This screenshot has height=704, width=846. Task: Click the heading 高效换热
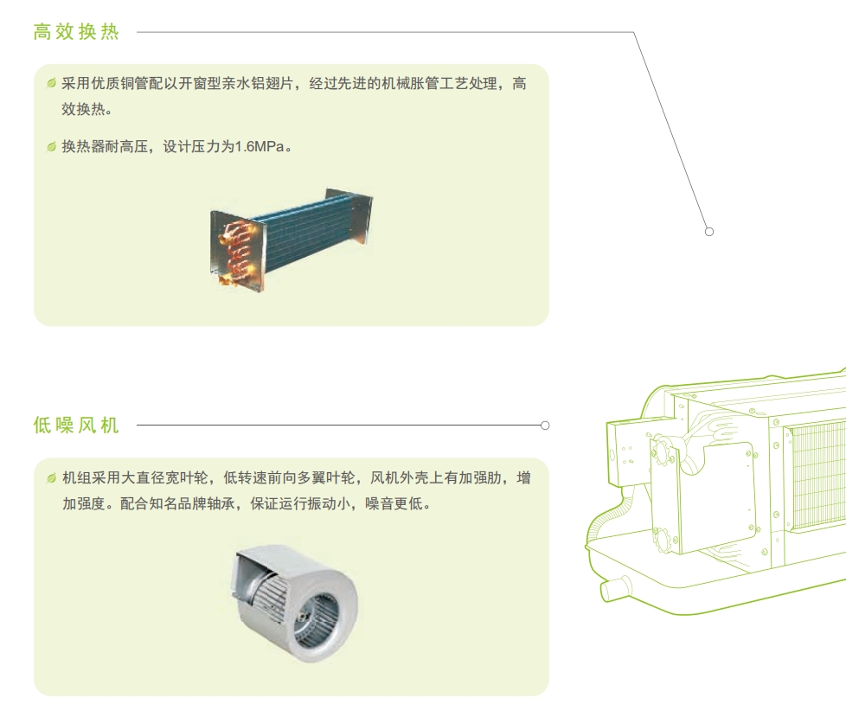76,32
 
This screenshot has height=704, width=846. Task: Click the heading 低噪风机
76,426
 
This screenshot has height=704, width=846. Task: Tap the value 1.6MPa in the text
260,146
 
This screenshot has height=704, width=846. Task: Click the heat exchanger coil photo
292,240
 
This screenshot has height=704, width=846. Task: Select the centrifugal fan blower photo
295,603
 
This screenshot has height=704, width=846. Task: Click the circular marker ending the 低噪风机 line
545,426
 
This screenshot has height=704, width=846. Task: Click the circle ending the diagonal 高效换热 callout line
709,232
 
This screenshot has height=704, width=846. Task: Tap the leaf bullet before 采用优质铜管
51,83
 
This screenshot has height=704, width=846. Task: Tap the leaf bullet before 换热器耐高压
51,146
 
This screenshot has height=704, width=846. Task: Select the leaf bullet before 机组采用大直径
51,478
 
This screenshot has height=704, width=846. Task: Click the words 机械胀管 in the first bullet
410,84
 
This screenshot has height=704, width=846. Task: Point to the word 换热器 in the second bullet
83,146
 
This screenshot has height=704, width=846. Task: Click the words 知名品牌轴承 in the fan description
191,503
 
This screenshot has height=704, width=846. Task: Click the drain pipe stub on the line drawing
616,587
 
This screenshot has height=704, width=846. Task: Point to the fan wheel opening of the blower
318,618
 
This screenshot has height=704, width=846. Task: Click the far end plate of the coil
350,217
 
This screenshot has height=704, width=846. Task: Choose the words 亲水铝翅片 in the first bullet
258,84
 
